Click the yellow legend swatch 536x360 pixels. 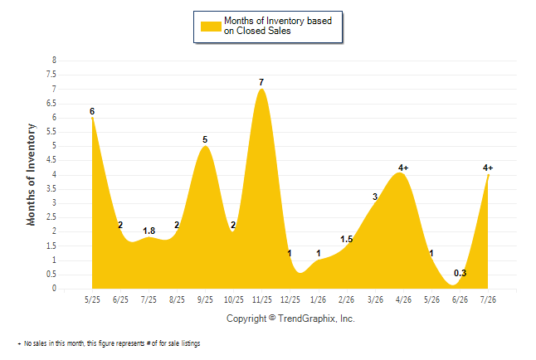coord(211,27)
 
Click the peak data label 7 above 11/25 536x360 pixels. coord(261,82)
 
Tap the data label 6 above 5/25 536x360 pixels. coord(92,111)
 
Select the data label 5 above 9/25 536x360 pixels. coord(205,139)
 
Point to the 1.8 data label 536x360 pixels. coord(149,231)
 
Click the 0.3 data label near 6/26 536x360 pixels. coord(460,273)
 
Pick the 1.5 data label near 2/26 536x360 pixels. coord(346,240)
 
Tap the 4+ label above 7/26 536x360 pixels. coord(488,168)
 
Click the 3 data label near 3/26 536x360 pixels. coord(375,197)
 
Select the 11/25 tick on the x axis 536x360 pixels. coord(262,299)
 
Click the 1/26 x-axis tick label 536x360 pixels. coord(319,299)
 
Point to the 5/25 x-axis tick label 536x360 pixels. coord(92,299)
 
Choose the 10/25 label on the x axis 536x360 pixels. coord(234,299)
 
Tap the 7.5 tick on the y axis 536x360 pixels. coord(51,75)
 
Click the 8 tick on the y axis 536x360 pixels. coord(54,61)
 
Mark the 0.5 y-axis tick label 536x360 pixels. coord(51,275)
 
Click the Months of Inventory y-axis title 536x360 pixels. coord(31,175)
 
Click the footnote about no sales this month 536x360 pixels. coord(109,343)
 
